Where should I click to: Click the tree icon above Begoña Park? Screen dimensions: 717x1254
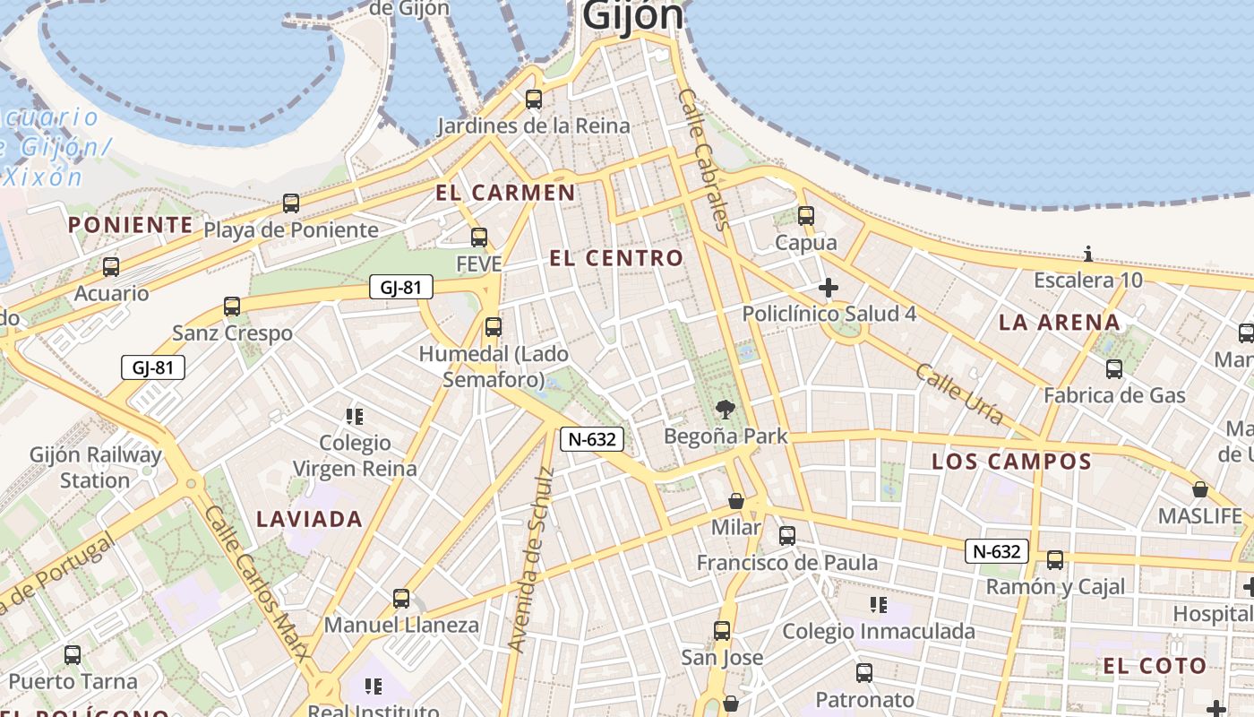pyautogui.click(x=726, y=410)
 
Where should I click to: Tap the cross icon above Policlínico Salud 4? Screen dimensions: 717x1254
pyautogui.click(x=829, y=288)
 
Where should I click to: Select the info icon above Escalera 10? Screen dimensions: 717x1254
pyautogui.click(x=1088, y=254)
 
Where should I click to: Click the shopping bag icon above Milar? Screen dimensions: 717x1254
pyautogui.click(x=736, y=501)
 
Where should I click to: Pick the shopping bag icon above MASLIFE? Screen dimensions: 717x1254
pyautogui.click(x=1200, y=489)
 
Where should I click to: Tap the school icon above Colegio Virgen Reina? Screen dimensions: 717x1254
pyautogui.click(x=355, y=417)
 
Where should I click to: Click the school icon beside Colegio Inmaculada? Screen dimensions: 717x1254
pyautogui.click(x=879, y=605)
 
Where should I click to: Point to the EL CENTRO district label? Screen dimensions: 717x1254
pyautogui.click(x=615, y=258)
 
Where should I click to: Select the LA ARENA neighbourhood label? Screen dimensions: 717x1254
pyautogui.click(x=1059, y=323)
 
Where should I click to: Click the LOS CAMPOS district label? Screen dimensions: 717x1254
pyautogui.click(x=1011, y=462)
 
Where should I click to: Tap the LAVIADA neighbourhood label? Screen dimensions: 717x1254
pyautogui.click(x=309, y=519)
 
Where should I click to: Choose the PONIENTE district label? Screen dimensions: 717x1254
pyautogui.click(x=131, y=225)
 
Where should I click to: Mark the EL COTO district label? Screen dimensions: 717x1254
pyautogui.click(x=1155, y=666)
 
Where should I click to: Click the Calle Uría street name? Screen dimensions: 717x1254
pyautogui.click(x=958, y=393)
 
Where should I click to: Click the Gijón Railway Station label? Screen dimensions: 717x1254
pyautogui.click(x=95, y=467)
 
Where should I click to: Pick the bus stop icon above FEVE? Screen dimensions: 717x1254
pyautogui.click(x=479, y=238)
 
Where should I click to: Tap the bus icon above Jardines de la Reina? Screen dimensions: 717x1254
pyautogui.click(x=534, y=99)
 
